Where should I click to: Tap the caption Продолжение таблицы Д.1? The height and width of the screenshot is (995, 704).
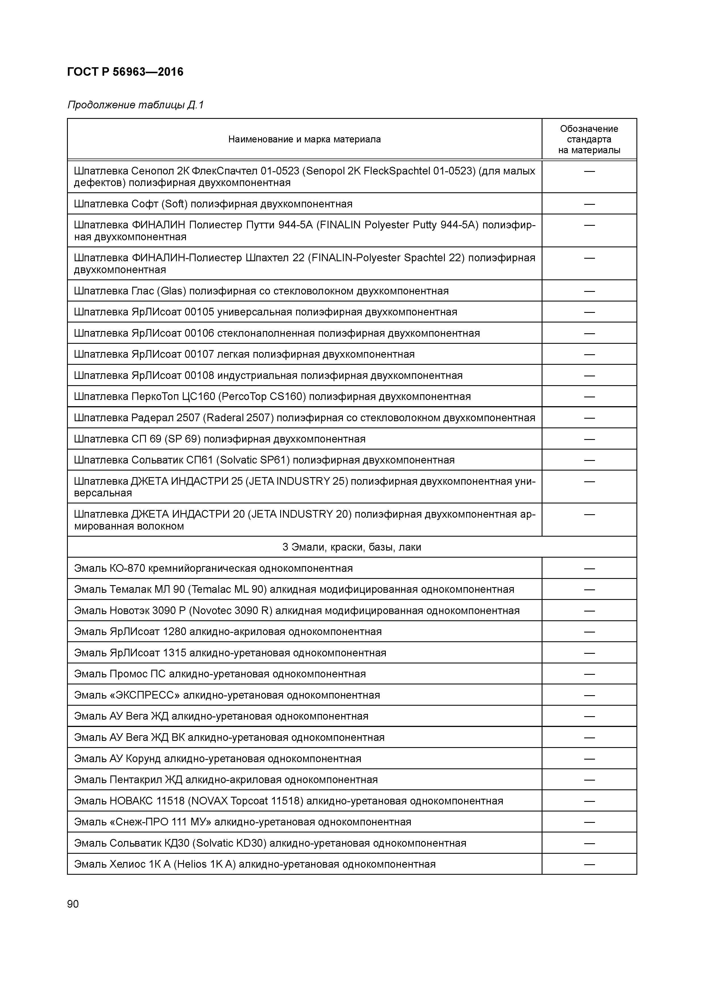coord(135,105)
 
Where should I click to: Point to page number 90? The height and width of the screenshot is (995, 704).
coord(73,904)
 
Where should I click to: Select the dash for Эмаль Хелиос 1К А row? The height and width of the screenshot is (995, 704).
coord(589,865)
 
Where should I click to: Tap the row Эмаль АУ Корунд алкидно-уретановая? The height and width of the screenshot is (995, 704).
coord(217,759)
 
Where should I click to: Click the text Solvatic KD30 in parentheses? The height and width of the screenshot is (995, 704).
coord(230,843)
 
